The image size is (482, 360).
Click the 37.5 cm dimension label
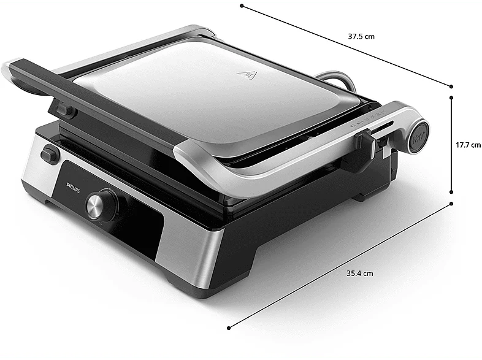pyautogui.click(x=361, y=37)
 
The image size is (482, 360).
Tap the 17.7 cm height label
pyautogui.click(x=468, y=145)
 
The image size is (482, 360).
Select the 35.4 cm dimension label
pyautogui.click(x=359, y=273)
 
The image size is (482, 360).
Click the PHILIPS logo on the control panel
pyautogui.click(x=73, y=187)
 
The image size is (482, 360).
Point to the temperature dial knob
pyautogui.click(x=101, y=205)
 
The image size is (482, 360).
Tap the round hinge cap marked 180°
pyautogui.click(x=418, y=137)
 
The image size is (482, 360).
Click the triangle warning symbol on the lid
pyautogui.click(x=248, y=75)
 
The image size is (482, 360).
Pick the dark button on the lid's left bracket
pyautogui.click(x=66, y=110)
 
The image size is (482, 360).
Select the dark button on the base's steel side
pyautogui.click(x=50, y=153)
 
